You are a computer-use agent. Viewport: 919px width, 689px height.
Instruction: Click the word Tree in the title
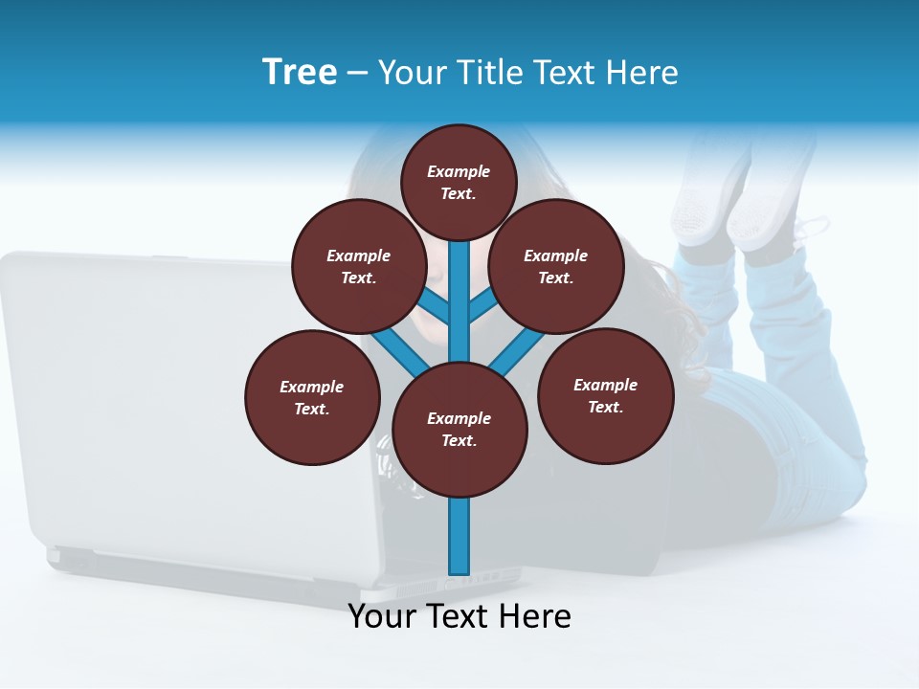coord(300,72)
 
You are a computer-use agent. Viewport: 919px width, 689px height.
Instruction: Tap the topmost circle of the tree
coord(459,182)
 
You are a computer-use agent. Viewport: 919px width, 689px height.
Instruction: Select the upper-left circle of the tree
coord(358,266)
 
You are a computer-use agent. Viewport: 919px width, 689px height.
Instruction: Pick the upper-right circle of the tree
coord(556,266)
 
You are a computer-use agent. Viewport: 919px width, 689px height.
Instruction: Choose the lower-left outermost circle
coord(312,397)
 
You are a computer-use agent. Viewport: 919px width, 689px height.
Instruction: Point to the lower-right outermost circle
coord(606,395)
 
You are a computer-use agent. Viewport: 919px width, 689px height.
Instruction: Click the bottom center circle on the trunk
coord(459,429)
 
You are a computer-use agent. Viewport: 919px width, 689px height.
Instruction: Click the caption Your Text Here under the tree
coord(459,616)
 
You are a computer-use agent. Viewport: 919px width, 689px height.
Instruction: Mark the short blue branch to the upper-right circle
coord(482,306)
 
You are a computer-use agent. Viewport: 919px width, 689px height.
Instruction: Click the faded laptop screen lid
coord(144,383)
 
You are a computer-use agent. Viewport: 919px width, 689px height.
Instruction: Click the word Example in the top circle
coord(459,171)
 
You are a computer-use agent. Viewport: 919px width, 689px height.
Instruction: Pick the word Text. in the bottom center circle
coord(459,440)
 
